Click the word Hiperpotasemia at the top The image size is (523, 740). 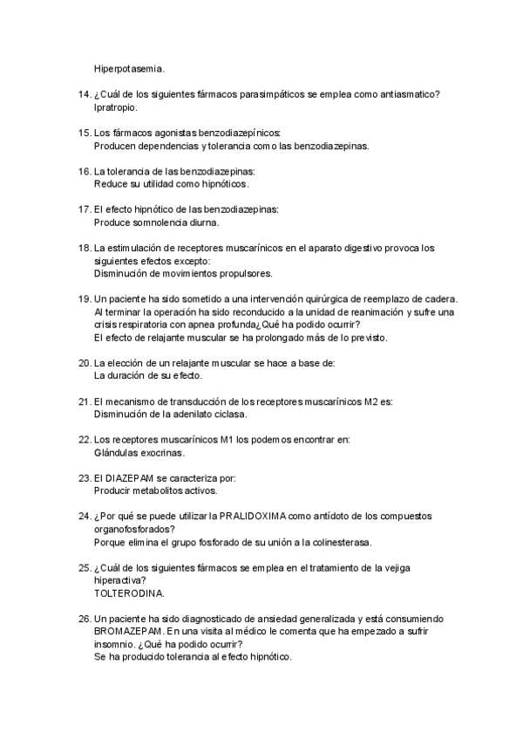coord(128,67)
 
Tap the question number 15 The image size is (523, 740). coord(84,134)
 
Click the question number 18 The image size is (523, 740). coord(84,249)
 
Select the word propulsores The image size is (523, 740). coord(248,273)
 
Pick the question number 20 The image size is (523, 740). coord(84,362)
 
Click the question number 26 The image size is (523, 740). coord(84,619)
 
